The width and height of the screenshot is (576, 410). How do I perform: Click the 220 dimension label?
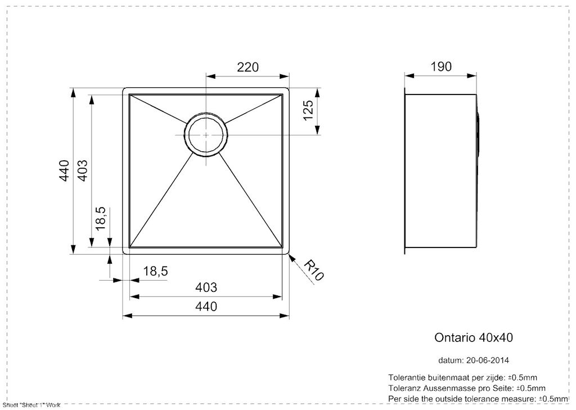click(247, 67)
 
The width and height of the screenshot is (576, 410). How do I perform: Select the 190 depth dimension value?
click(441, 66)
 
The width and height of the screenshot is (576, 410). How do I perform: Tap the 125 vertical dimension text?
click(308, 110)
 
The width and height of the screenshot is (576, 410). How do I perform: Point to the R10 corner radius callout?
click(314, 270)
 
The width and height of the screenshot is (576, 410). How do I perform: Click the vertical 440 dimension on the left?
click(65, 171)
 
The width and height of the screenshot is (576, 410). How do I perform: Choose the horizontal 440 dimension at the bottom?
click(206, 306)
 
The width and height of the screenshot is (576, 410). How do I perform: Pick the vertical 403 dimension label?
click(83, 171)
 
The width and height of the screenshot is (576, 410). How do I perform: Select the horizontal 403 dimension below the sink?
click(206, 287)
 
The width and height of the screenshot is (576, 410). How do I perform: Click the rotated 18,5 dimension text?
click(100, 218)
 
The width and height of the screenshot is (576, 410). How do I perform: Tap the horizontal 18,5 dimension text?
click(155, 271)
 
